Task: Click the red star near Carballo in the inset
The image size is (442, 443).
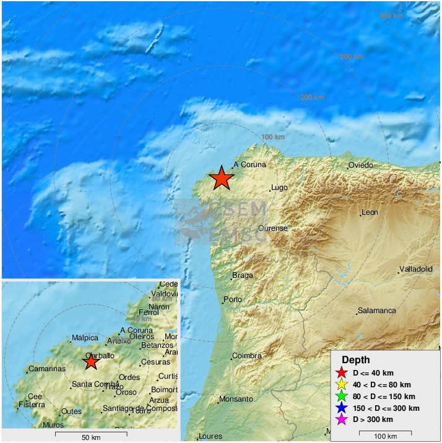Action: coord(91,361)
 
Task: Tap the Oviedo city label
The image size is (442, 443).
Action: coord(360,165)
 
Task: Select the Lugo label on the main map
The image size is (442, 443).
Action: coord(279,188)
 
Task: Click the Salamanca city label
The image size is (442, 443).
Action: coord(376,311)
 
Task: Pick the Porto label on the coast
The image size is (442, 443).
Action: coord(233,300)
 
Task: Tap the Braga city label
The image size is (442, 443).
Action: coord(243,275)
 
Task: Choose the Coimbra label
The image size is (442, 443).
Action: coord(246,356)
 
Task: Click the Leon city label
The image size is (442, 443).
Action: coord(370,212)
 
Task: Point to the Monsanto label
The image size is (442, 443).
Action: coord(236,399)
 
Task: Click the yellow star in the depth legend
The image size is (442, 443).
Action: coord(340,385)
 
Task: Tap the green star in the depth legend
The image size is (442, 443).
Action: coord(340,397)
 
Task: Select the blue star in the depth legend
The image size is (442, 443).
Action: coord(340,408)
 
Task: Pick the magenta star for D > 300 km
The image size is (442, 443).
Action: coord(340,420)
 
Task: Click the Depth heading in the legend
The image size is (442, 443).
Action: coord(356,360)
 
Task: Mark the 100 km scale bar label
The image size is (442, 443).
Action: coord(386,437)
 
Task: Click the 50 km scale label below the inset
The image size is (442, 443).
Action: coord(91,438)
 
